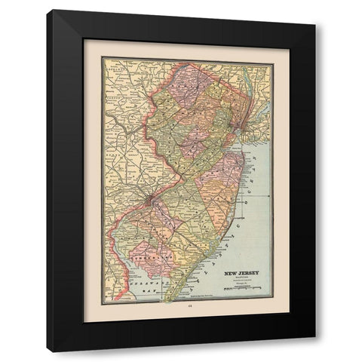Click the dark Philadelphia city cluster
pyautogui.click(x=151, y=199)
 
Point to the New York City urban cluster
pyautogui.click(x=238, y=114)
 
